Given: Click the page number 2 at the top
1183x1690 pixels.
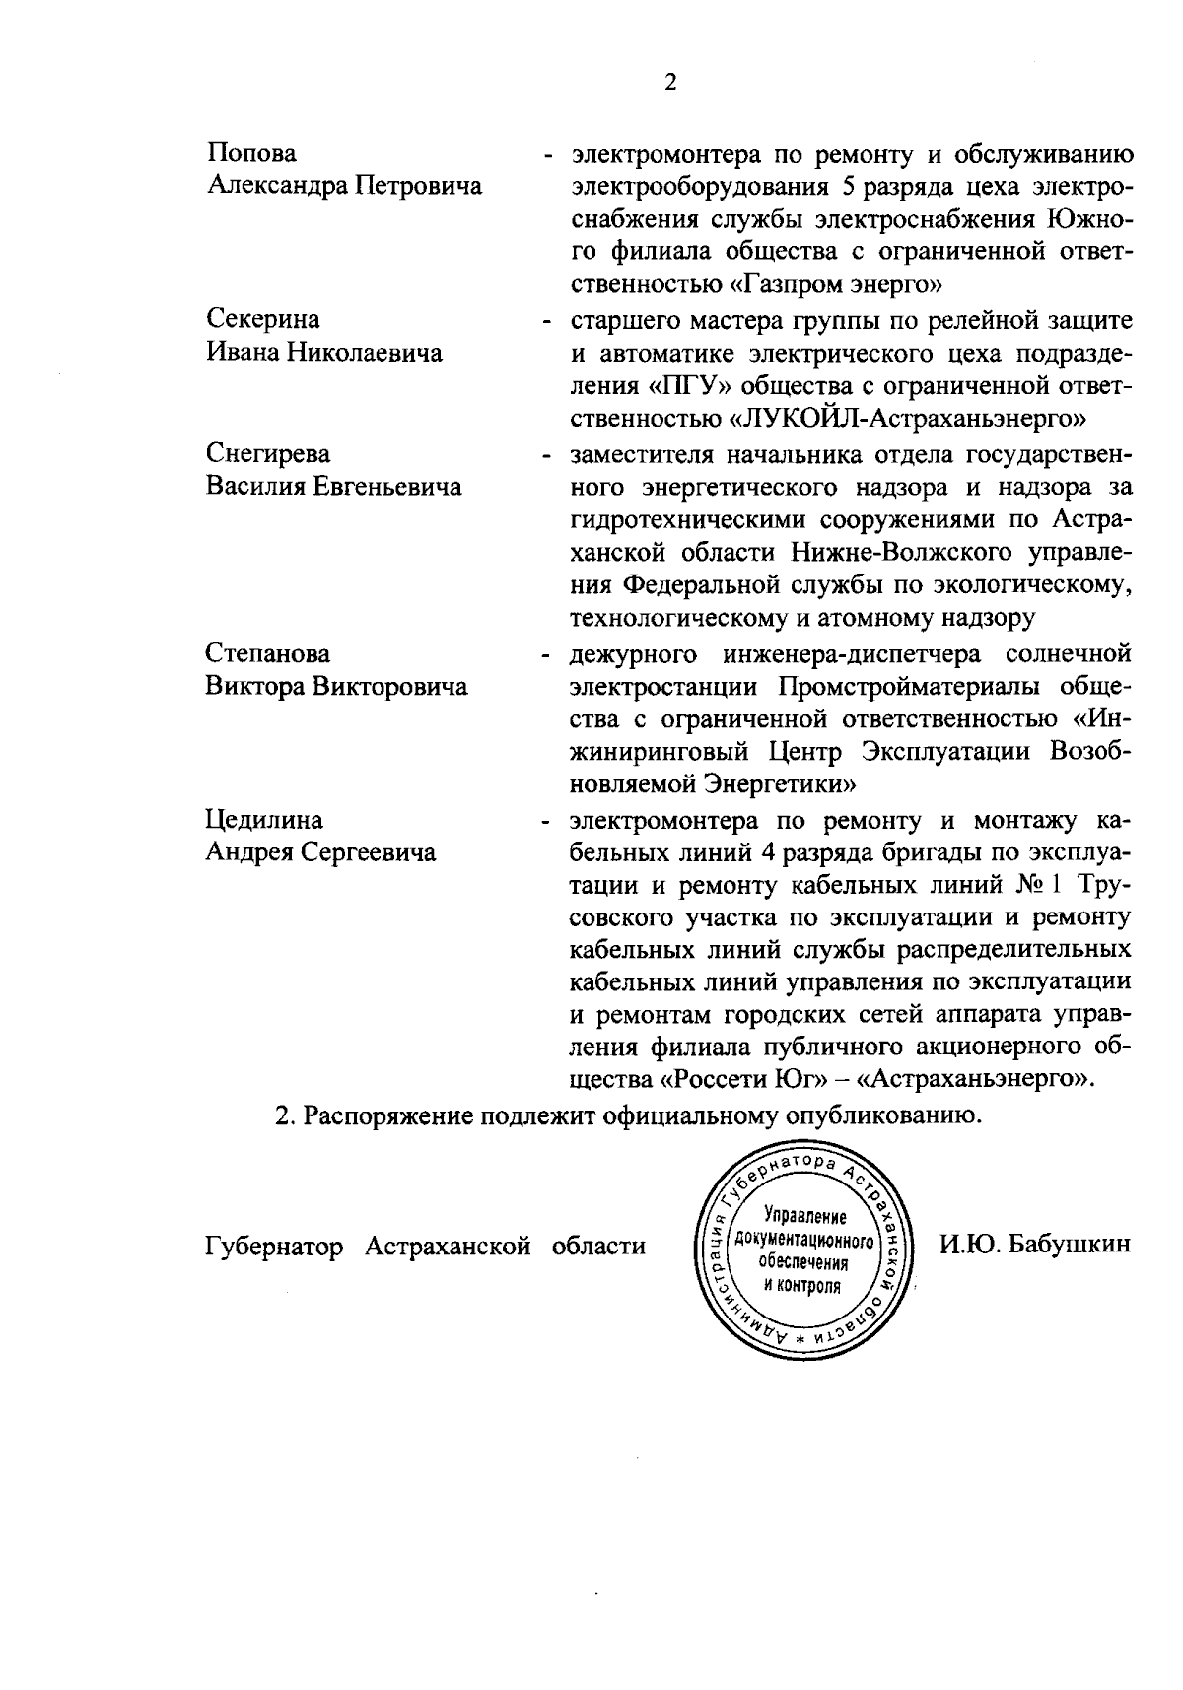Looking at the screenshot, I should [670, 83].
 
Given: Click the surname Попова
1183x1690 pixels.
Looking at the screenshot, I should [251, 153].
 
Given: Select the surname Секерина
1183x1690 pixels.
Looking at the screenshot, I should [263, 319].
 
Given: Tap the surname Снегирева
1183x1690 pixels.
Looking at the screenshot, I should [268, 453].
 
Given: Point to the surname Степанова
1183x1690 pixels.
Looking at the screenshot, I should [268, 653].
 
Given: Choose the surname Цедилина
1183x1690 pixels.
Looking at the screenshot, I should [264, 820].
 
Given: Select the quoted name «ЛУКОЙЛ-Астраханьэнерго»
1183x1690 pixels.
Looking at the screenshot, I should [906, 420].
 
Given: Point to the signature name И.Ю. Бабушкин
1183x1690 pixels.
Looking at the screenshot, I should [1033, 1246].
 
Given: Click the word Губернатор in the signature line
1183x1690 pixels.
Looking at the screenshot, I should [274, 1247].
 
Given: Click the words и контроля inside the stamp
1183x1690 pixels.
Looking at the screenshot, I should [801, 1286].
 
